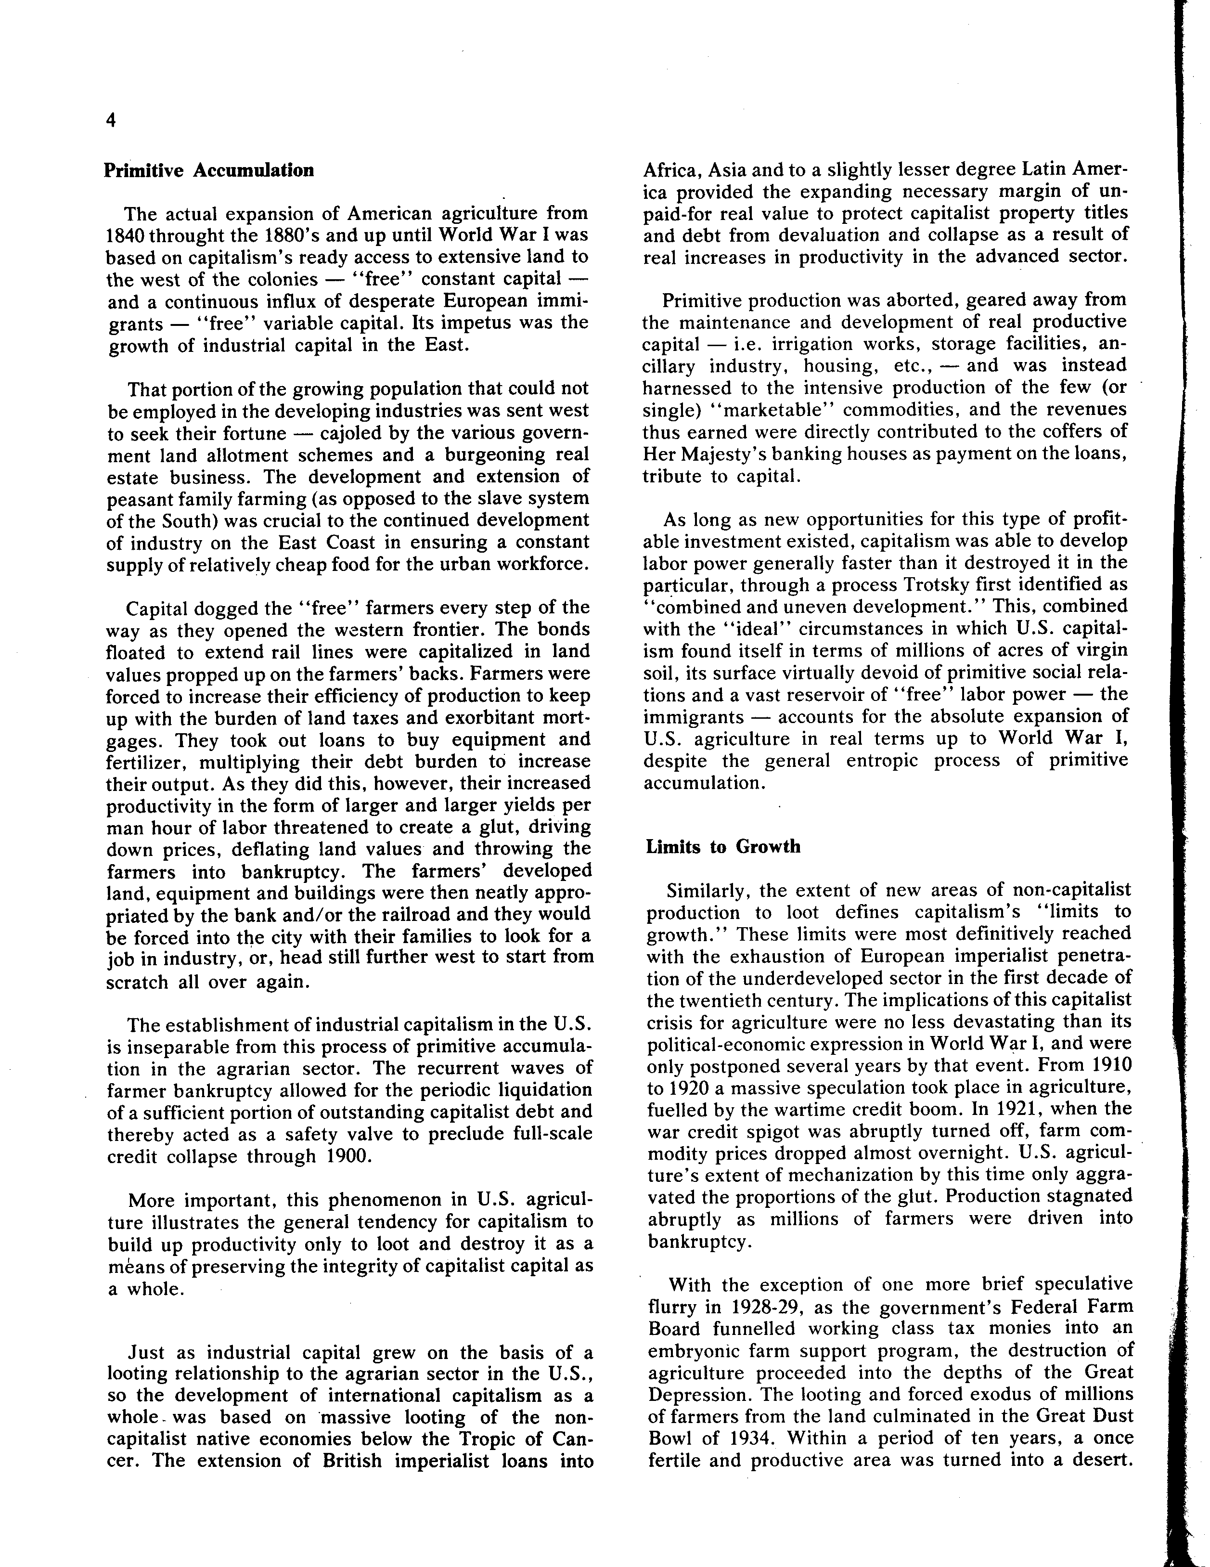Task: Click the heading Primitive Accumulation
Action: (209, 171)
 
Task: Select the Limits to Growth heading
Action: (723, 847)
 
